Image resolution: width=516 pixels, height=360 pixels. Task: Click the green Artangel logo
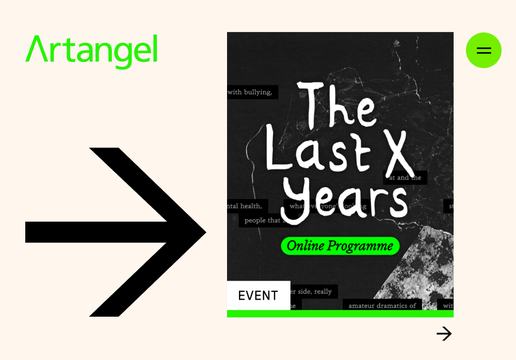(x=91, y=50)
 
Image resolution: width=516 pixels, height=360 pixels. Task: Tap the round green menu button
(x=483, y=50)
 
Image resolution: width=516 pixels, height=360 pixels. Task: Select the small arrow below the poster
(x=444, y=333)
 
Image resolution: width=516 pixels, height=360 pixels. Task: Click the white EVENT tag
(x=258, y=295)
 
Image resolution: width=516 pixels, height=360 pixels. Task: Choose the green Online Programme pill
(x=340, y=246)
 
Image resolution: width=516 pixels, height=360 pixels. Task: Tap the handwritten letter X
(x=399, y=152)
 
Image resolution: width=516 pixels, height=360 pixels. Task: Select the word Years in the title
(x=345, y=200)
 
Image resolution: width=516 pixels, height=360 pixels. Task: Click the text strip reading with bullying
(x=251, y=92)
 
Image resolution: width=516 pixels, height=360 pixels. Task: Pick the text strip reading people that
(x=261, y=220)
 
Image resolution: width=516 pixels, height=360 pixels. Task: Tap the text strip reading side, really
(x=312, y=291)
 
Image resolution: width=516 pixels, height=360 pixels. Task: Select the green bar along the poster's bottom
(x=340, y=314)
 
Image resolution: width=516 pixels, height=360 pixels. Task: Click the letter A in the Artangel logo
(x=37, y=50)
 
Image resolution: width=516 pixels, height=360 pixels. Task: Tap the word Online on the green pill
(x=308, y=246)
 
